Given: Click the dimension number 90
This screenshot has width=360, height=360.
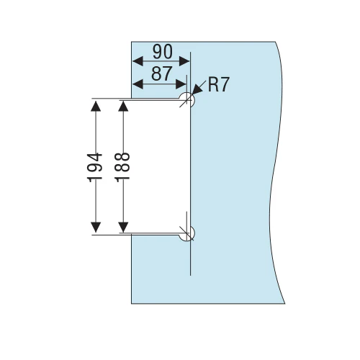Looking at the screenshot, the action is [163, 52].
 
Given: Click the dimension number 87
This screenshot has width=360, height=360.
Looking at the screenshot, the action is [161, 73].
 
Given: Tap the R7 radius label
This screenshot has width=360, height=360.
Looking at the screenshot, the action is [219, 84].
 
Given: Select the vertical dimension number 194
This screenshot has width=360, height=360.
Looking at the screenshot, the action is [94, 168].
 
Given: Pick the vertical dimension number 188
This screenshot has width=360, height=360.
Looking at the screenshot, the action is [122, 168].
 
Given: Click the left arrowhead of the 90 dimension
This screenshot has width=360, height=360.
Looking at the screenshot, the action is [138, 61].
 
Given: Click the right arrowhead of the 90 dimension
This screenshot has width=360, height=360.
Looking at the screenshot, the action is [184, 61].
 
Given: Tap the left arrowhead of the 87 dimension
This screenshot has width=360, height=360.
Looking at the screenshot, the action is [138, 84].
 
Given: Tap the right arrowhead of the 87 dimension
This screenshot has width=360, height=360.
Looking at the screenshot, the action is [181, 84].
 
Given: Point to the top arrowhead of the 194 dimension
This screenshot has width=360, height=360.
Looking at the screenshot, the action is [96, 106].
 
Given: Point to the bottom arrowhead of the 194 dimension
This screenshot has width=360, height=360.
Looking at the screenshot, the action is [96, 228].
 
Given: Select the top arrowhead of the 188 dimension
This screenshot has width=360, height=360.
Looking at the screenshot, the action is [123, 106].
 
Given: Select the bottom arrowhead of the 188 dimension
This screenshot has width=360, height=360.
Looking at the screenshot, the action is [123, 228].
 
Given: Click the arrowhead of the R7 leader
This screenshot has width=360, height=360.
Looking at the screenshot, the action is [197, 90].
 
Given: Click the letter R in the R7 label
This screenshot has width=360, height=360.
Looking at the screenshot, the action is [213, 84].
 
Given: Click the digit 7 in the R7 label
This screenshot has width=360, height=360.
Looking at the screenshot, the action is [225, 84].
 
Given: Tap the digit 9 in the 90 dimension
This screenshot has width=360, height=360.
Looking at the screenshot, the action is [158, 52].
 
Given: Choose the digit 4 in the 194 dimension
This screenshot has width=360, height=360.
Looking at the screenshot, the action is [94, 158].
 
